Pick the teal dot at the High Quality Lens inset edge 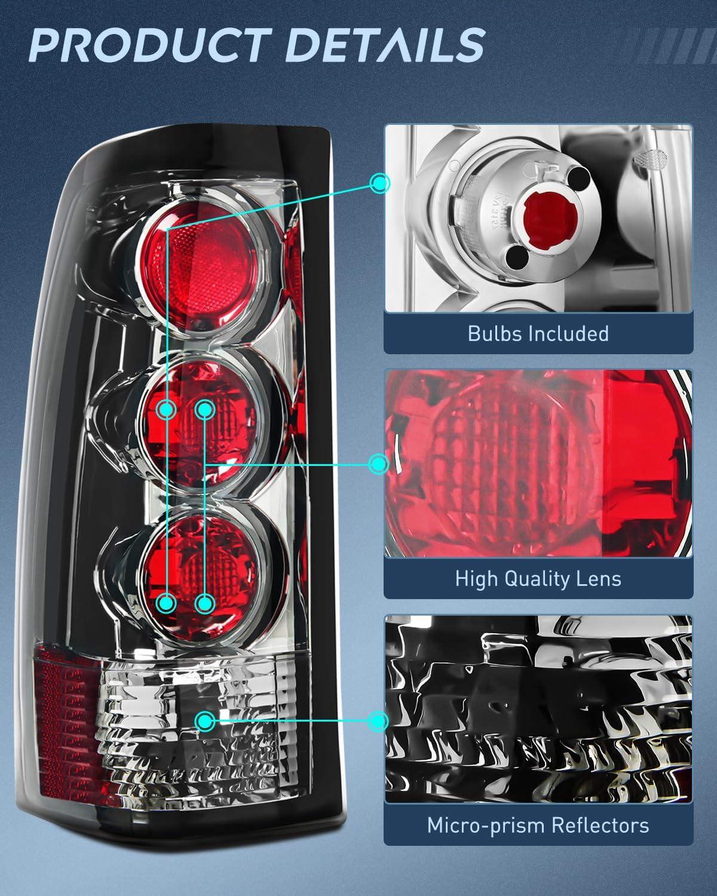pos(378,464)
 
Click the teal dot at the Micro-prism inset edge pos(378,721)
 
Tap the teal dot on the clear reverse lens pos(206,721)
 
